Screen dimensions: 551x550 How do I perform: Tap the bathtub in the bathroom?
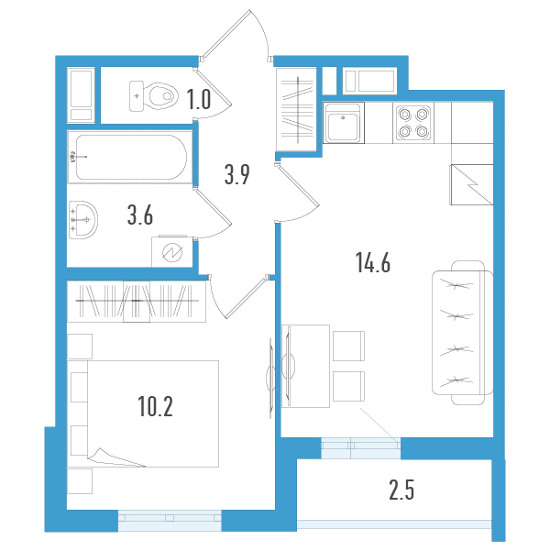(130, 158)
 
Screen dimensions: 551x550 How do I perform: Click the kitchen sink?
(344, 123)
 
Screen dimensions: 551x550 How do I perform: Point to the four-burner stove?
(412, 123)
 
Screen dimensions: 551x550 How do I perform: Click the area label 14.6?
(373, 264)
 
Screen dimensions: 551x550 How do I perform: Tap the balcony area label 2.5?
(401, 491)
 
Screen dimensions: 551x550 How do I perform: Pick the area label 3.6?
(139, 216)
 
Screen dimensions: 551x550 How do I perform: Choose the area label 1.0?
(199, 99)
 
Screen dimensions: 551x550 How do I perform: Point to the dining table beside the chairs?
(305, 365)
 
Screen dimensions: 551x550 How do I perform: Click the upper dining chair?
(348, 346)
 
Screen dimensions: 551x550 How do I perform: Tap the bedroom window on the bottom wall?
(170, 521)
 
